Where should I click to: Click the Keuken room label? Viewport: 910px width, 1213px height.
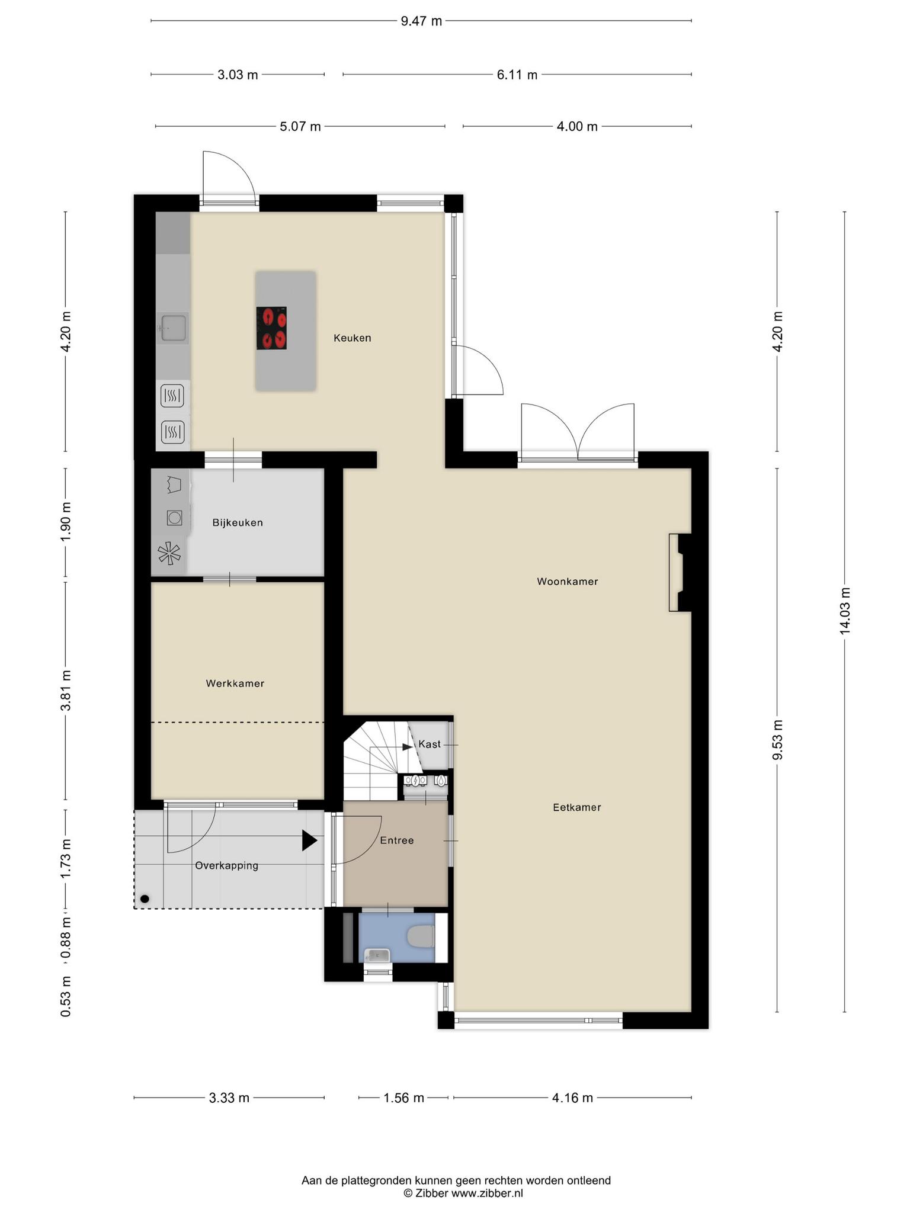[x=352, y=338]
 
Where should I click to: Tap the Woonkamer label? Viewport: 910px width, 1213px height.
[x=567, y=582]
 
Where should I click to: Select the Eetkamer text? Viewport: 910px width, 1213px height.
[x=576, y=807]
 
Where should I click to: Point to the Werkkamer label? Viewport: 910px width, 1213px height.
[x=235, y=683]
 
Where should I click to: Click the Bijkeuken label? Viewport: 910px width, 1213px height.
[x=238, y=523]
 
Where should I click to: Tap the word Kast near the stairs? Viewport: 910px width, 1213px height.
[x=430, y=744]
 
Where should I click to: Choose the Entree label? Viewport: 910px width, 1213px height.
[x=397, y=840]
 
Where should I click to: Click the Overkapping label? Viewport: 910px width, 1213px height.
[x=227, y=866]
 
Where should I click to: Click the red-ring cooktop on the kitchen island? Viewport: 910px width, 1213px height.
[x=271, y=328]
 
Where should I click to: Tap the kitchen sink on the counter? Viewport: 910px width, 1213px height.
[x=174, y=328]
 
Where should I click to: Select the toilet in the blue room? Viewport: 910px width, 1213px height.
[x=422, y=938]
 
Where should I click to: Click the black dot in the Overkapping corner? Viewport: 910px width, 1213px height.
[x=145, y=899]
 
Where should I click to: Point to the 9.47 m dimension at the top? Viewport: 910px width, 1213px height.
[x=421, y=21]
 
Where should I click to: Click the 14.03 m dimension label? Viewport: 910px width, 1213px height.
[x=845, y=611]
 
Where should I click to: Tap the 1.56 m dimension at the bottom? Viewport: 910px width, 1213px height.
[x=403, y=1098]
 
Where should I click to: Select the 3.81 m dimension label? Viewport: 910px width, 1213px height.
[x=66, y=691]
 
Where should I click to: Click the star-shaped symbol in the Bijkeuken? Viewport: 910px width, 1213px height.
[x=169, y=554]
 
